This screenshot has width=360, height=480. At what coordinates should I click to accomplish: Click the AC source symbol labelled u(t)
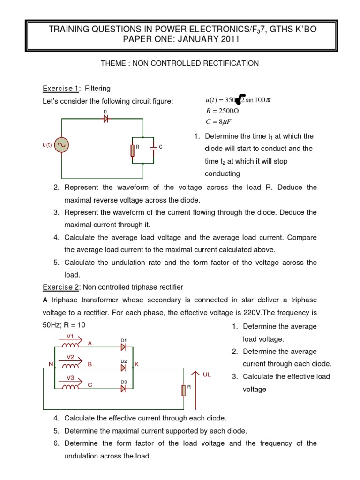coord(61,145)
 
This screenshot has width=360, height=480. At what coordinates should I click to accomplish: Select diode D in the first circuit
coord(105,119)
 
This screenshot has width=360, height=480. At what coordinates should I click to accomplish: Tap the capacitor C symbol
coord(154,147)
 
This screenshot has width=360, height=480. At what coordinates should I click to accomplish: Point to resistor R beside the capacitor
coord(133,150)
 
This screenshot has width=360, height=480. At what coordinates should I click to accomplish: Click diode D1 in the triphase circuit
coord(123,347)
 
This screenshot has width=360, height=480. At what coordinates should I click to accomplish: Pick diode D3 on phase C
coord(123,388)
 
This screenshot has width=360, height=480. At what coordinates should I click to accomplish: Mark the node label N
coord(51,364)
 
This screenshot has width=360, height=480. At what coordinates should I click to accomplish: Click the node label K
coord(137,364)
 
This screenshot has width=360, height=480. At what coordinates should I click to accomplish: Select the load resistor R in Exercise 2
coord(184,390)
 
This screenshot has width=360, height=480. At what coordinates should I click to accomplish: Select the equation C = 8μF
coord(218,122)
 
